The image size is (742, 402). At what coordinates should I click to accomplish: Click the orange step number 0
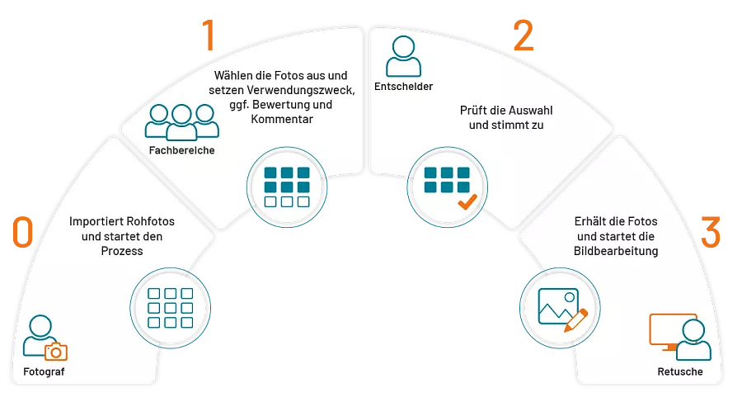[x=23, y=232]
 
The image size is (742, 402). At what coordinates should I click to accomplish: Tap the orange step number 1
[x=209, y=35]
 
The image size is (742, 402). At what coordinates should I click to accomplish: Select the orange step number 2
[x=524, y=35]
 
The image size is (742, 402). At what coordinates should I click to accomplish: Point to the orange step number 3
[x=711, y=232]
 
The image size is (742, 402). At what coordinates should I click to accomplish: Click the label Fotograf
[x=44, y=371]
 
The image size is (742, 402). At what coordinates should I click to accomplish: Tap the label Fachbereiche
[x=181, y=150]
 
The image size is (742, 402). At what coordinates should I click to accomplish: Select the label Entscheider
[x=404, y=87]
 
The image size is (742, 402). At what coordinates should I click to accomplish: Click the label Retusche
[x=680, y=371]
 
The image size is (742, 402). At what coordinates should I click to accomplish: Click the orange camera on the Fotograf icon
[x=56, y=352]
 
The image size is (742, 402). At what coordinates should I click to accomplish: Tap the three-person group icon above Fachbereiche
[x=181, y=122]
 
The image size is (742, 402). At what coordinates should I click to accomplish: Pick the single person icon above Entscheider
[x=404, y=56]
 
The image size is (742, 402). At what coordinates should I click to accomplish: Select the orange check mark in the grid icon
[x=467, y=202]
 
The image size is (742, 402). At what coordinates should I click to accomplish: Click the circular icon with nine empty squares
[x=171, y=308]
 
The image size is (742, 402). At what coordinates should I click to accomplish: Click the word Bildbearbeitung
[x=616, y=251]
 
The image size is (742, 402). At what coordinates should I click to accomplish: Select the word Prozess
[x=122, y=251]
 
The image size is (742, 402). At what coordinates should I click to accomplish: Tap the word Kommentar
[x=282, y=119]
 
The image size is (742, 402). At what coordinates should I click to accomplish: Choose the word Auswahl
[x=532, y=111]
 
